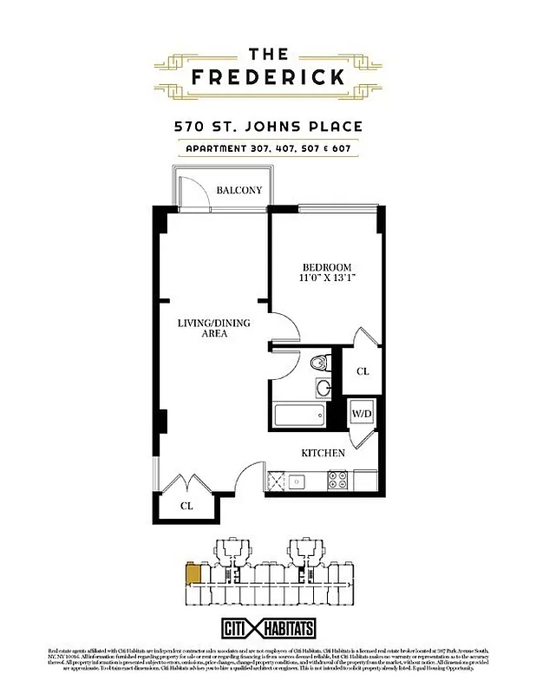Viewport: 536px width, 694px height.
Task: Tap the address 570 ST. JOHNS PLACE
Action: coord(268,127)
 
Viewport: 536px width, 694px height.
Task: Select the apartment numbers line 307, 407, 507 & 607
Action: coord(268,148)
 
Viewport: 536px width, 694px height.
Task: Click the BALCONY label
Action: coord(239,190)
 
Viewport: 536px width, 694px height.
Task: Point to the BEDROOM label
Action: coord(326,266)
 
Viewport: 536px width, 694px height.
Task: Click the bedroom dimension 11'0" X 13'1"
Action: coord(326,279)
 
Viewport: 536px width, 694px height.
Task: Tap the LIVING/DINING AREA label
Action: coord(213,328)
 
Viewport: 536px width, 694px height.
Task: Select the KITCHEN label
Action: coord(323,453)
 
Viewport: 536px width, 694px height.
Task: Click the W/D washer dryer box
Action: coord(362,413)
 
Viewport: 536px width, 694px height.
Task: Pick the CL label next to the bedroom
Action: coord(363,371)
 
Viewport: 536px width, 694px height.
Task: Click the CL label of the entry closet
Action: coord(186,505)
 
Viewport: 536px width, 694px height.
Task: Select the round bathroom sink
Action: coord(323,388)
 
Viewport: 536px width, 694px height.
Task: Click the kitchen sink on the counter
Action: coord(297,478)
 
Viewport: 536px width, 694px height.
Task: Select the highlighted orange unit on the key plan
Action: coord(193,573)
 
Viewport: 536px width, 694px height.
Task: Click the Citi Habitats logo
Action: coord(267,627)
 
